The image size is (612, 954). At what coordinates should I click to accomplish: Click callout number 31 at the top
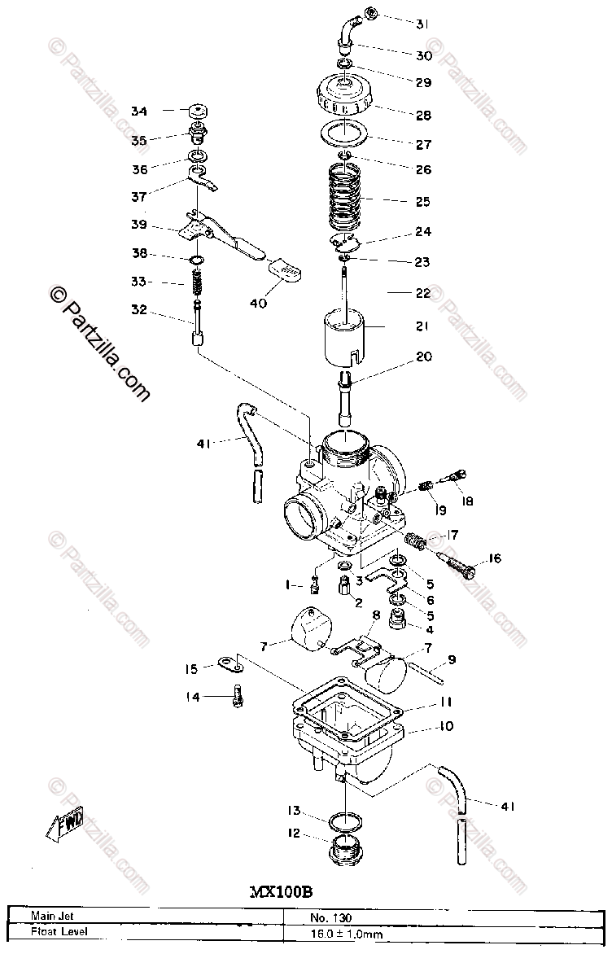coord(422,24)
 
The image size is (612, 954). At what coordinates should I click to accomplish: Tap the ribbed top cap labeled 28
coord(347,97)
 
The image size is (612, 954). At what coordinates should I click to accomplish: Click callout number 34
coord(139,111)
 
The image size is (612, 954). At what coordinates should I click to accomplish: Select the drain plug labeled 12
coord(346,851)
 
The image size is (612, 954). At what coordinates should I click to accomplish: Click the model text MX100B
coord(281,891)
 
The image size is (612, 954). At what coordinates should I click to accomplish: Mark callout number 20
coord(424,357)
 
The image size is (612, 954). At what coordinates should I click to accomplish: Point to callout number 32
coord(139,309)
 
